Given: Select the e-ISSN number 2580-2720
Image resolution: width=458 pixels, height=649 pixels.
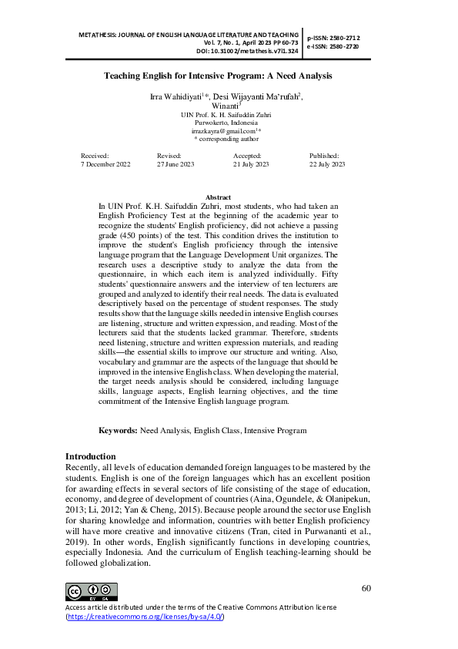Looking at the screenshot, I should [341, 46].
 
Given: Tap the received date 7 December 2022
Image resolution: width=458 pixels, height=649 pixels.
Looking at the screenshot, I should [105, 165].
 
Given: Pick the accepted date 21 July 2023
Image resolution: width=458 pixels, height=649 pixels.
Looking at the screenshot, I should [251, 165].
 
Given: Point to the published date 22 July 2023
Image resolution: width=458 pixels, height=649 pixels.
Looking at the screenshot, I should [327, 165].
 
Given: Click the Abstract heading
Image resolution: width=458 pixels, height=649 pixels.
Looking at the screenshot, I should [218, 198].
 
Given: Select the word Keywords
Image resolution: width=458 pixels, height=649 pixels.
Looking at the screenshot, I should [118, 431].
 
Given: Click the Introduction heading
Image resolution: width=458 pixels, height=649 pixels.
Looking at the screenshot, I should [91, 456].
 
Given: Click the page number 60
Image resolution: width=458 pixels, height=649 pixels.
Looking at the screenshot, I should [366, 589].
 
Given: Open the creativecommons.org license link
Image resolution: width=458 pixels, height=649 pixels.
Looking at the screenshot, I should [145, 617].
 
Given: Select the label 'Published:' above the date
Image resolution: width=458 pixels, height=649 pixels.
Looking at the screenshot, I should [323, 156].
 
